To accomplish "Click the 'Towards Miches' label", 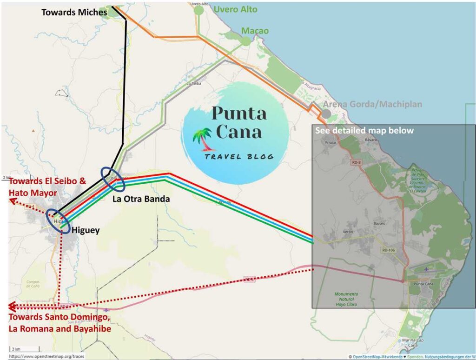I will pyautogui.click(x=74, y=13).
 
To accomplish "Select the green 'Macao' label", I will pyautogui.click(x=255, y=31).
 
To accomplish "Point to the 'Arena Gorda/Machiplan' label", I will pyautogui.click(x=372, y=104).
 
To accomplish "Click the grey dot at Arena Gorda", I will pyautogui.click(x=327, y=113).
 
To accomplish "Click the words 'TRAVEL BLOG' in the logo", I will pyautogui.click(x=239, y=156).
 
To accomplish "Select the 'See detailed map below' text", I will pyautogui.click(x=364, y=131).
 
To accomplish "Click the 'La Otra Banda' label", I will pyautogui.click(x=141, y=199).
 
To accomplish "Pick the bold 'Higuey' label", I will pyautogui.click(x=86, y=230).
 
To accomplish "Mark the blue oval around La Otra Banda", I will pyautogui.click(x=113, y=179).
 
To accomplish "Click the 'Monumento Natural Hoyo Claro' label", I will pyautogui.click(x=346, y=299).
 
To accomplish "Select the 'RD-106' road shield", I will pyautogui.click(x=388, y=250).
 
